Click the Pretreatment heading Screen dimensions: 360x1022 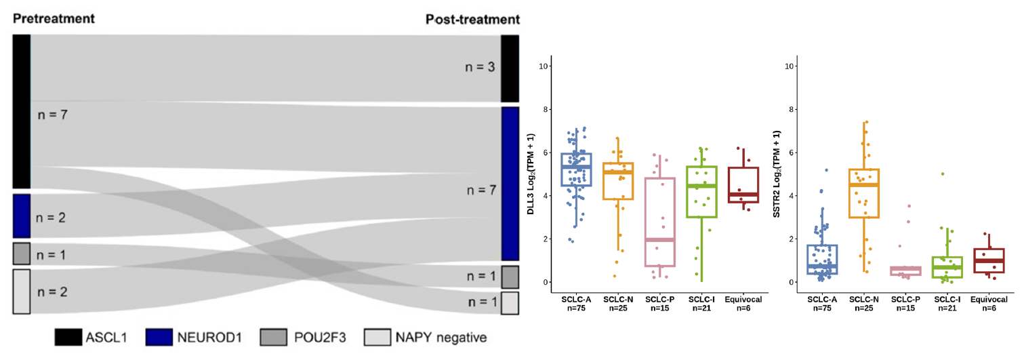coord(54,18)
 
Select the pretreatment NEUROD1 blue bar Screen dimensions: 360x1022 coord(22,216)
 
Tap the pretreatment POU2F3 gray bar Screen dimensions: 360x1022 coord(22,253)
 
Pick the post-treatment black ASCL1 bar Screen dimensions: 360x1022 coord(510,68)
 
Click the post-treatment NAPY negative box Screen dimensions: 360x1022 coord(510,302)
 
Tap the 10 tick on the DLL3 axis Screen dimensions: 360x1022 coord(544,66)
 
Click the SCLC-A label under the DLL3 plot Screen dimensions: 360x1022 coord(577,299)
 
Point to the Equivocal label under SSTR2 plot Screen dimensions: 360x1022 coord(989,299)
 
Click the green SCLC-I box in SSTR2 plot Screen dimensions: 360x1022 coord(947,267)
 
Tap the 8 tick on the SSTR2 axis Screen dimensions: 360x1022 coord(790,109)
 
